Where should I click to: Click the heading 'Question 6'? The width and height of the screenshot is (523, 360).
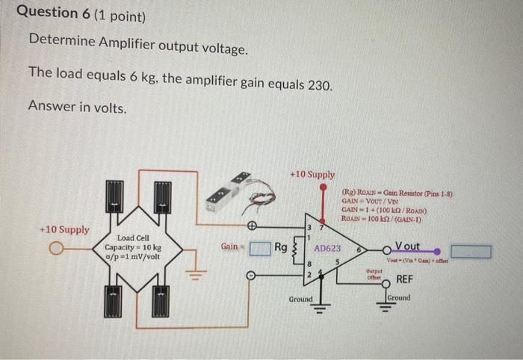coord(47,13)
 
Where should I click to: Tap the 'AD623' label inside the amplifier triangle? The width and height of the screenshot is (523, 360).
coord(327,247)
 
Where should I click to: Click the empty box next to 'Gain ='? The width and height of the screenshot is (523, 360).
coord(259,247)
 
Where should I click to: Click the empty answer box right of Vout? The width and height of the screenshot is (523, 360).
coord(471,252)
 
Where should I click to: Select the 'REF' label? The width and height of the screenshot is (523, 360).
coord(404,279)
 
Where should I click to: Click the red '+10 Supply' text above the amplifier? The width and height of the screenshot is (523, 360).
coord(312,174)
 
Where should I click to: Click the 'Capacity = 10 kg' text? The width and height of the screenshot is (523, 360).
coord(133,246)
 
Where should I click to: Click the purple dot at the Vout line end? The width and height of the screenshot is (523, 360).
coord(437,252)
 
